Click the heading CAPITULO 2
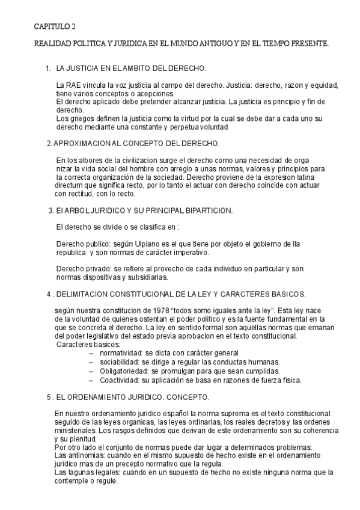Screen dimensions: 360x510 [x=54, y=27]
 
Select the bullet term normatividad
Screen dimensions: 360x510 [x=120, y=353]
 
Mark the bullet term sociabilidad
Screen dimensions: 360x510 [x=119, y=362]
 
